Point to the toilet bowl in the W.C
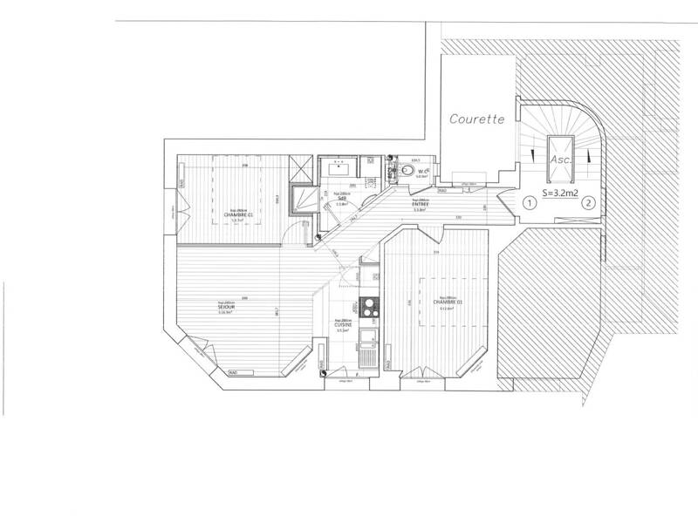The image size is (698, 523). [405, 172]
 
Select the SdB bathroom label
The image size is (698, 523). [342, 199]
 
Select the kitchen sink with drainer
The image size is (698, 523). [366, 349]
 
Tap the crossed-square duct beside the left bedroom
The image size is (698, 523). [302, 163]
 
